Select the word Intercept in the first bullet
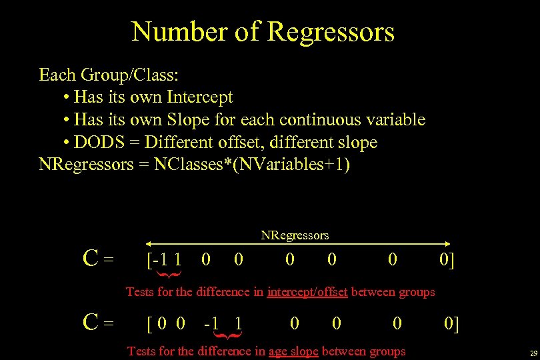(200, 97)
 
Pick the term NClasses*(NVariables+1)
(251, 165)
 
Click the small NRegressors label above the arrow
(295, 235)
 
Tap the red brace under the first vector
(168, 274)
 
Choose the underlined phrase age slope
(293, 351)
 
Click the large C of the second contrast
(92, 324)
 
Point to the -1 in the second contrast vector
(213, 324)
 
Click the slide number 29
(533, 353)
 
